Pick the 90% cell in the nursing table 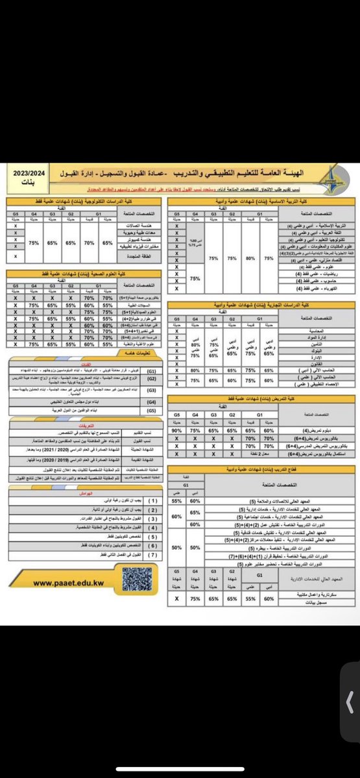point(175,430)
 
